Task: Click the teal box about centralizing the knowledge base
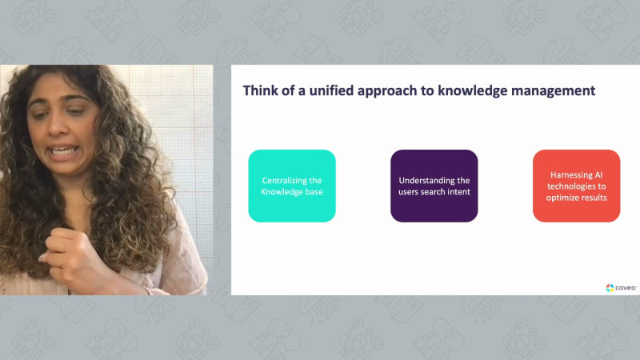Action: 292,186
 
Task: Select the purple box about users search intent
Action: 434,186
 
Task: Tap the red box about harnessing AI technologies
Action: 576,186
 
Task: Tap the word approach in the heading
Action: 388,91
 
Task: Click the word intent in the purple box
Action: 458,192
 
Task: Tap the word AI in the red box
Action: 598,174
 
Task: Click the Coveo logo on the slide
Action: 621,288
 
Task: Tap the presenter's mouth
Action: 62,152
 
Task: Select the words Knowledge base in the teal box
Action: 292,192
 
